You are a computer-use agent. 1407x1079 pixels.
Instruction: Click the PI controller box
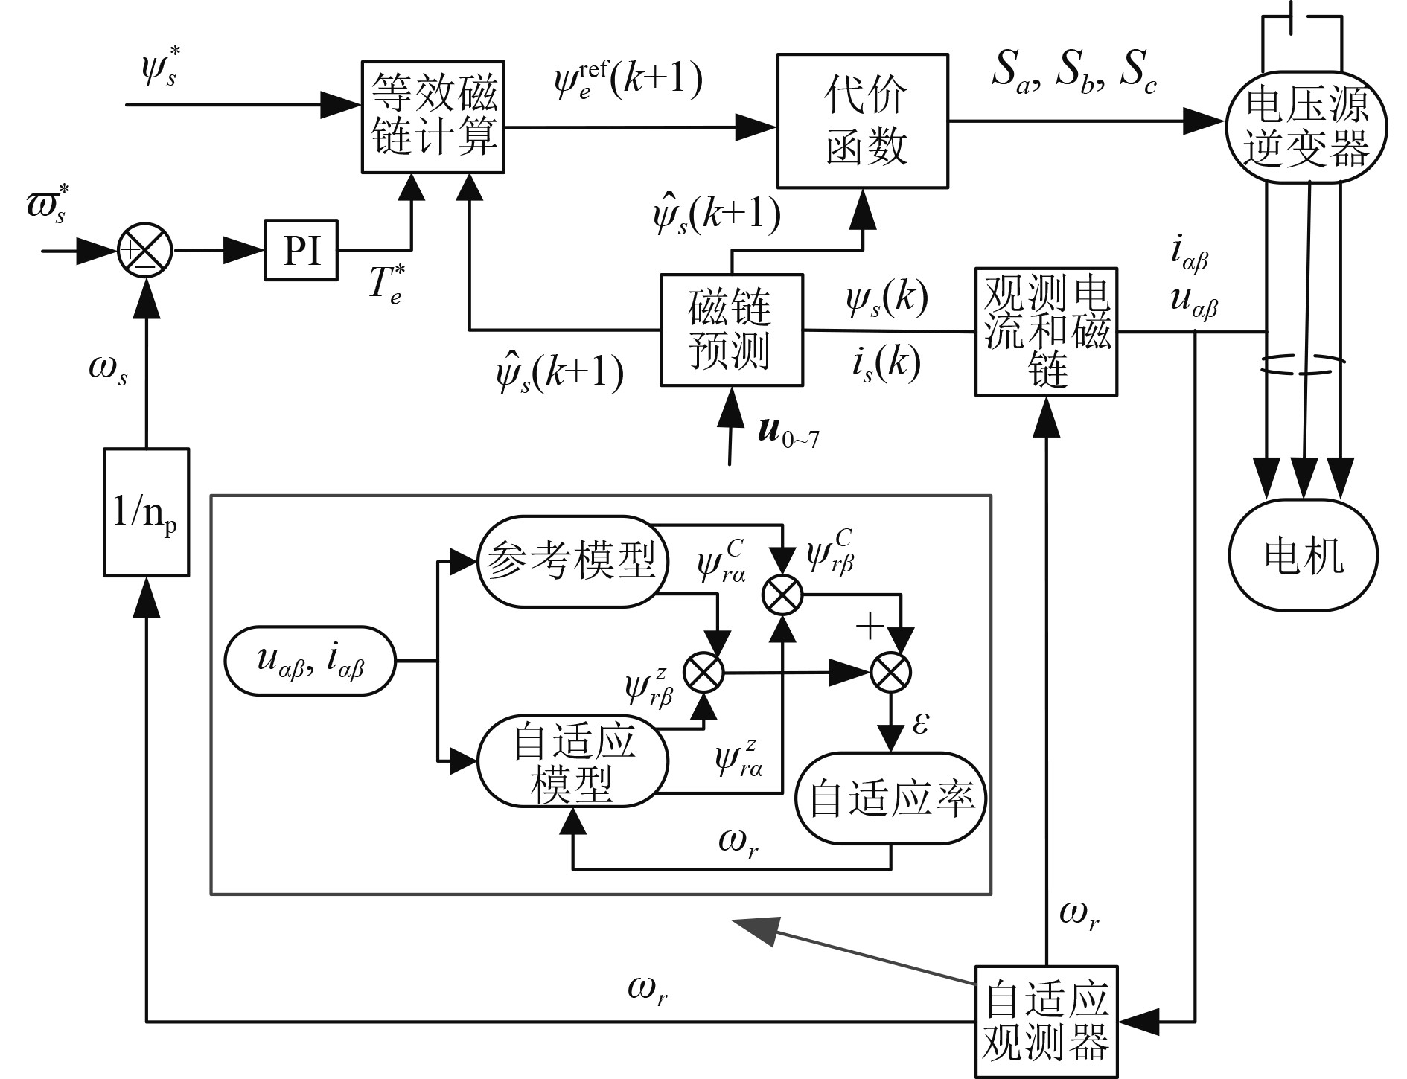[301, 250]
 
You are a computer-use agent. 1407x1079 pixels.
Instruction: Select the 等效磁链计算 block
[433, 117]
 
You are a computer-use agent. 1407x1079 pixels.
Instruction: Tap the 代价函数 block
[862, 120]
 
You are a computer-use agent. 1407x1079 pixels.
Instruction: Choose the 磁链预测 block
[732, 330]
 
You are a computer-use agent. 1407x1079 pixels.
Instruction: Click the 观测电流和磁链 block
[1046, 331]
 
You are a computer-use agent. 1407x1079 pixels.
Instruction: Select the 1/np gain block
[146, 512]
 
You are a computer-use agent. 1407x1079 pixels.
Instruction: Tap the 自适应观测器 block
[1046, 1021]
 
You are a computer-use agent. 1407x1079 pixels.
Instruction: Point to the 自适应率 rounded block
[891, 798]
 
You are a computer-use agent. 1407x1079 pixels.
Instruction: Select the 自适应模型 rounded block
[572, 761]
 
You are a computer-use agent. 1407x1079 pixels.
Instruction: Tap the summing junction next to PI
[145, 251]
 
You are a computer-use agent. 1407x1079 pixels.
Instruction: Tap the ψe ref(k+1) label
[628, 82]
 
